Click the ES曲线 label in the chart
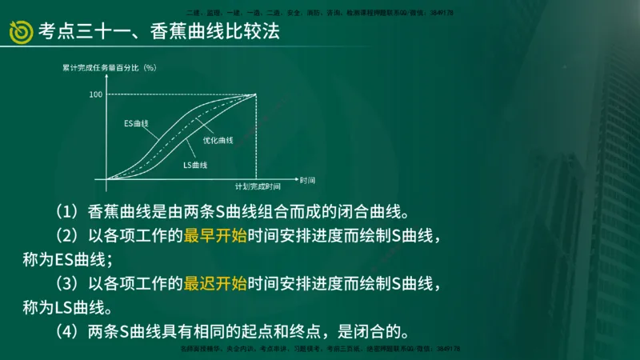click(x=136, y=124)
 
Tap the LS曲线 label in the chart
click(x=195, y=165)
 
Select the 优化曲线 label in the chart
click(x=218, y=140)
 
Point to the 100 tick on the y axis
click(x=96, y=94)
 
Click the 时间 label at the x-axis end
click(x=308, y=179)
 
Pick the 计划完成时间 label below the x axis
click(x=257, y=186)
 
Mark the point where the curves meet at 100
click(x=255, y=94)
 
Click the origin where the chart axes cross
click(x=107, y=179)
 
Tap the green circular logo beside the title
click(x=20, y=32)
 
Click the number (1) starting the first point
click(x=66, y=213)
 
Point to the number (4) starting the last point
click(x=66, y=330)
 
